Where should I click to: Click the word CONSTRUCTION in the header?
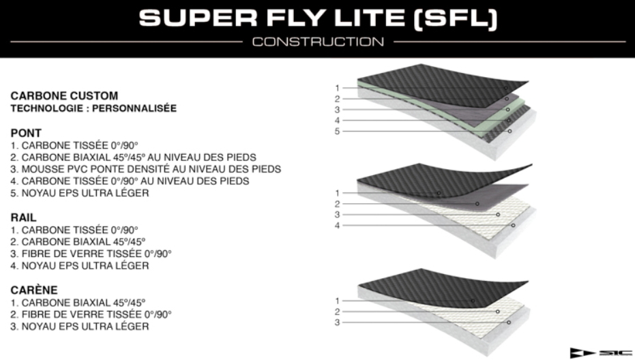[318, 42]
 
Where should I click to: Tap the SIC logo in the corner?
[601, 352]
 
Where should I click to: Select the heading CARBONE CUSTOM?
[64, 96]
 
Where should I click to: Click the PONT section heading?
[26, 133]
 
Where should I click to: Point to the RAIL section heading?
[23, 217]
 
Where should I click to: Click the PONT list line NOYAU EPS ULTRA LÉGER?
[80, 193]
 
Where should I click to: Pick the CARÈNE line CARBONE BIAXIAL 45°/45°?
[78, 303]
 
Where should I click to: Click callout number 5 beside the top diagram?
[337, 131]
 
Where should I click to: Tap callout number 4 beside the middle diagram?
[337, 226]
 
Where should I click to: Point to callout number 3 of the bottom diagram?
[337, 322]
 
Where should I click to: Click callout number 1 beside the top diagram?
[337, 88]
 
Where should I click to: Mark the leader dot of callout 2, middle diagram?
[477, 204]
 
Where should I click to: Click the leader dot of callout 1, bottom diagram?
[473, 301]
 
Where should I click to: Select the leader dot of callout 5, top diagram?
[510, 131]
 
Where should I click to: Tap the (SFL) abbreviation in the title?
[455, 19]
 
